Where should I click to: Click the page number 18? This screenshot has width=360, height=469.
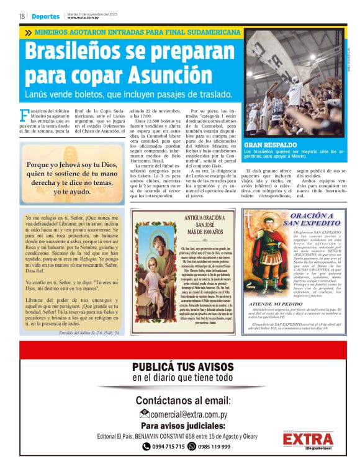pyautogui.click(x=22, y=16)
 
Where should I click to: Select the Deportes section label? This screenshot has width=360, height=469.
pyautogui.click(x=46, y=16)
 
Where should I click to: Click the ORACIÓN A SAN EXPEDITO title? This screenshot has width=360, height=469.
pyautogui.click(x=308, y=219)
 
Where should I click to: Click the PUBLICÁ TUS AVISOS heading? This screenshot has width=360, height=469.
pyautogui.click(x=182, y=367)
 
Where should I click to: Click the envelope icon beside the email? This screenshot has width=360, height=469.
pyautogui.click(x=144, y=414)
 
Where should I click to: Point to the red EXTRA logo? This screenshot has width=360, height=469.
pyautogui.click(x=307, y=439)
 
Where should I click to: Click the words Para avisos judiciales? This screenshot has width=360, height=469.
pyautogui.click(x=182, y=426)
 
